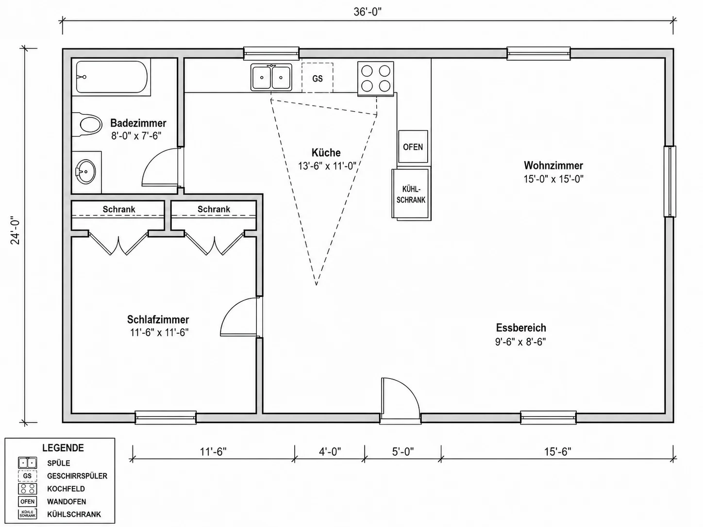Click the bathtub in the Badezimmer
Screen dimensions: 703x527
(x=112, y=77)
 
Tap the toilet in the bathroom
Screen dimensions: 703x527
(x=87, y=124)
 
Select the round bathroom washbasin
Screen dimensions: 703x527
(x=85, y=172)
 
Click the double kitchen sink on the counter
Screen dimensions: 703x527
(x=271, y=77)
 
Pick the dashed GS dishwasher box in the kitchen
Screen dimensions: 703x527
(x=318, y=78)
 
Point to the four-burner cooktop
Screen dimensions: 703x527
(x=376, y=79)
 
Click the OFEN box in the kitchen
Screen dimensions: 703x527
(x=413, y=147)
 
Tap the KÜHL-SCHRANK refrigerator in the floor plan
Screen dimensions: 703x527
(x=411, y=194)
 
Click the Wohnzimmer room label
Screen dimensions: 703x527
(x=553, y=165)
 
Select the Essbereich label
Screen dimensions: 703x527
(x=521, y=328)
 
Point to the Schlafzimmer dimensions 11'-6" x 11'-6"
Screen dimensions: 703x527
(x=159, y=333)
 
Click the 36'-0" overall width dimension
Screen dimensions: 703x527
(x=368, y=12)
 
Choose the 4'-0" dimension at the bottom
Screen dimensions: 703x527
(x=330, y=451)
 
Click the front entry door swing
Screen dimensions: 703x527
(x=401, y=397)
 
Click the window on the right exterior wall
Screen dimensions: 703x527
(x=670, y=181)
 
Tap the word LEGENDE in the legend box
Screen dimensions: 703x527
(x=63, y=447)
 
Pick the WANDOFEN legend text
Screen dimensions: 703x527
(x=67, y=501)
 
